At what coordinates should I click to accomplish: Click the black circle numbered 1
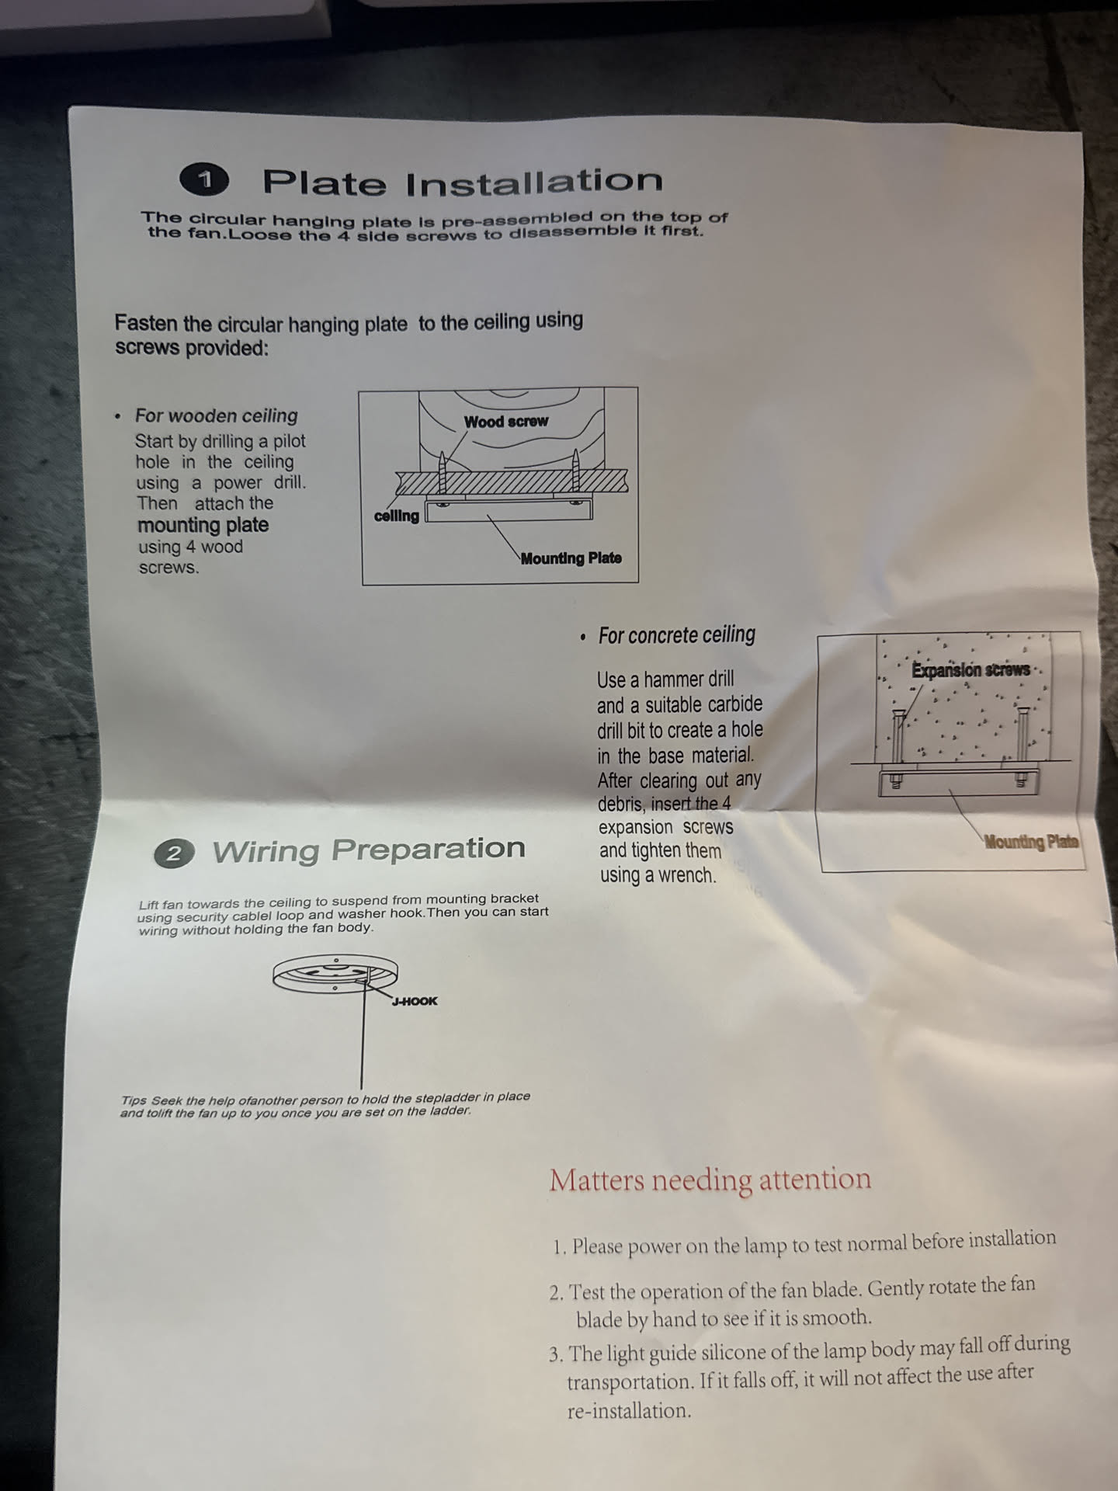click(x=204, y=180)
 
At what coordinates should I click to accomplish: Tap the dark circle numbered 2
click(x=173, y=854)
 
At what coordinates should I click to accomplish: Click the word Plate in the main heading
click(x=325, y=182)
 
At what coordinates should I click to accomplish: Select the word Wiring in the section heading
click(x=266, y=851)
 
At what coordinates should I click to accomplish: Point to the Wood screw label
click(x=506, y=422)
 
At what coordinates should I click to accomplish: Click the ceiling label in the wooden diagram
click(x=397, y=516)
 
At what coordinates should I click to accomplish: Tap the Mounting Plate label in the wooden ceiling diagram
click(x=571, y=558)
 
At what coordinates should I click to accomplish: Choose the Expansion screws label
click(x=971, y=670)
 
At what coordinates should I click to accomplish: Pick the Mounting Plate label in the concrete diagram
click(x=1032, y=842)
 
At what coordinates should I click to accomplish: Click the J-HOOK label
click(x=415, y=1001)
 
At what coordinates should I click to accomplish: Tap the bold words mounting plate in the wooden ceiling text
click(x=203, y=526)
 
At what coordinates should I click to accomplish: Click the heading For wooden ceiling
click(x=217, y=416)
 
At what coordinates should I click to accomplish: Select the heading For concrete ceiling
click(x=677, y=635)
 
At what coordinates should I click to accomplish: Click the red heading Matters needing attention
click(x=710, y=1180)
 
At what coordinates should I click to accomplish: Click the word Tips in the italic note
click(x=134, y=1100)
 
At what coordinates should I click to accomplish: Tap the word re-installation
click(x=628, y=1411)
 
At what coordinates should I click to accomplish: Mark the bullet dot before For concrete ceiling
click(x=583, y=638)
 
